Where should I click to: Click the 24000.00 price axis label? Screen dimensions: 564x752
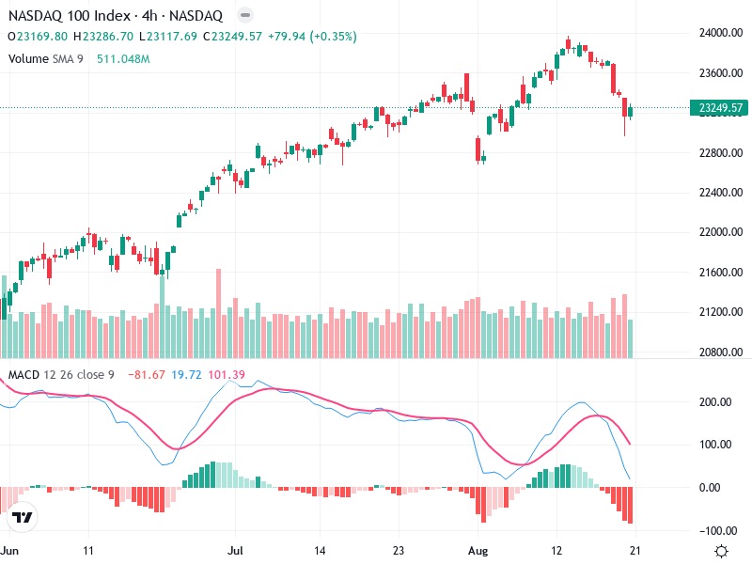coord(718,33)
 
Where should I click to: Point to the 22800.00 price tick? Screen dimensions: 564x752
coord(718,152)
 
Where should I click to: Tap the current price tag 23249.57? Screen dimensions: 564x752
coord(718,108)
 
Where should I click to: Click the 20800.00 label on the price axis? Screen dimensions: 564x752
coord(718,352)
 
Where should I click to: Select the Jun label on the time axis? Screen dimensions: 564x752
coord(10,551)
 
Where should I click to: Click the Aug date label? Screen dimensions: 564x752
coord(479,551)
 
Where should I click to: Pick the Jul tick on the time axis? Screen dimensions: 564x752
coord(237,551)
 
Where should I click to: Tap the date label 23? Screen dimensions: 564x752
coord(399,551)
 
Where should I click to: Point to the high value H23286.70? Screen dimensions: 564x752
coord(104,37)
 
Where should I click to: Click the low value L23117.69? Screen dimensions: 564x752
coord(168,37)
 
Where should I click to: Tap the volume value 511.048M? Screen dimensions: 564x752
coord(123,59)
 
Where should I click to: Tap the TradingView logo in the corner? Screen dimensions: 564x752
coord(23,518)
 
